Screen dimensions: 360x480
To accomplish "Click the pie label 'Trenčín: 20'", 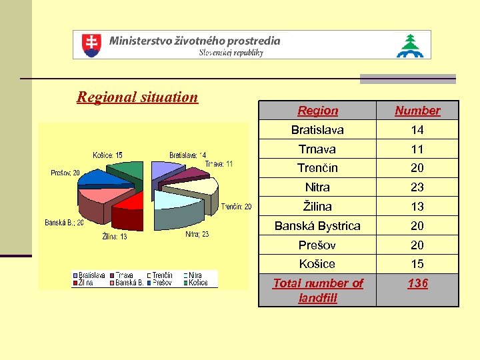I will pos(237,206).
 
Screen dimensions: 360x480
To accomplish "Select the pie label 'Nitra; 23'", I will pos(196,234).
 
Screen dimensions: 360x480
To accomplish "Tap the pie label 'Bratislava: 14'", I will pos(187,155).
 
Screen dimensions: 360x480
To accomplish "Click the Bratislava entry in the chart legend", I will pos(91,275).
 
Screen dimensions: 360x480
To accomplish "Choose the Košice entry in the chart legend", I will pos(197,282).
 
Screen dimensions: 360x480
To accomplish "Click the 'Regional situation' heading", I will pos(137,97).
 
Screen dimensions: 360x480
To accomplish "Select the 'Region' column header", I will pos(317,111).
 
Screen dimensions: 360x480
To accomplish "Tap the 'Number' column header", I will pos(417,111).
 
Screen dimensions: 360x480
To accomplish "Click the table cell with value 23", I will pos(417,187).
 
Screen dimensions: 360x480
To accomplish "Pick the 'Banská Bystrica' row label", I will pos(317,226).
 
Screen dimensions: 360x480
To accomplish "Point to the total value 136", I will pos(417,283).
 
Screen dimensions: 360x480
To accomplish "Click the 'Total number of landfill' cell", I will pos(317,291).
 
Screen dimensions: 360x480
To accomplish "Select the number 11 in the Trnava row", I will pos(417,149).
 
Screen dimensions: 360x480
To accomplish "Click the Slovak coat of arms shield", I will pos(91,45).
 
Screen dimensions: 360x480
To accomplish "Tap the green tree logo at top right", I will pos(409,45).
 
